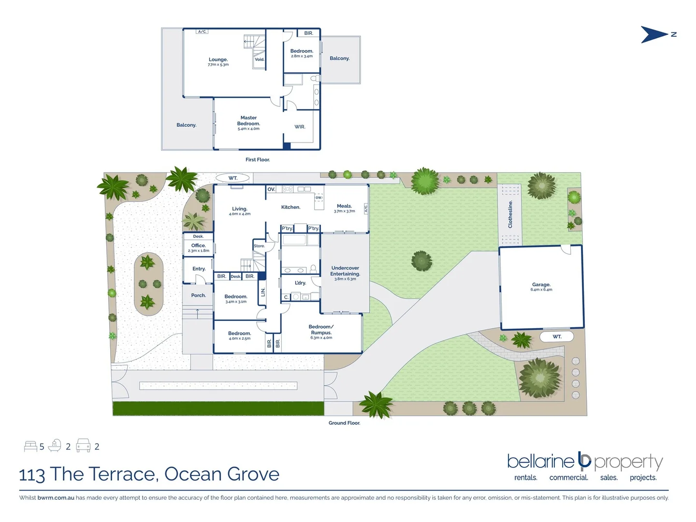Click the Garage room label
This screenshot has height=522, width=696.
point(541,285)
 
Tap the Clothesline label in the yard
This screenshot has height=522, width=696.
point(510,214)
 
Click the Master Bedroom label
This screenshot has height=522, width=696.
point(248,120)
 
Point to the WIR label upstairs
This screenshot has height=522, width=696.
point(300,127)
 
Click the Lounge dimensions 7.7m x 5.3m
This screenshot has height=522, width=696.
point(218,65)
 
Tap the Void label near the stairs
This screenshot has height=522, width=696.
point(260,59)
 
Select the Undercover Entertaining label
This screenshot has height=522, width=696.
point(345,271)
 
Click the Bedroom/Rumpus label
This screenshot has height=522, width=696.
point(321,330)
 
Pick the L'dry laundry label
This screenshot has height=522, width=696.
point(300,283)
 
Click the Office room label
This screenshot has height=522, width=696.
point(198,246)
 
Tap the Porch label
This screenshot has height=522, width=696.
point(198,295)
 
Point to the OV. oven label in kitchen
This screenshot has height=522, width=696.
point(271,189)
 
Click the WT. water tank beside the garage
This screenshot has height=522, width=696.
point(557,336)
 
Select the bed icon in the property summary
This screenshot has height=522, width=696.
point(30,446)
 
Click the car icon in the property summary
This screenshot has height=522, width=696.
point(83,446)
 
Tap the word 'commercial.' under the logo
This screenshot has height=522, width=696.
point(568,478)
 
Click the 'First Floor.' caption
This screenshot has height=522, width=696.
point(258,159)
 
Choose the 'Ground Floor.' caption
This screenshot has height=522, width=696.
point(344,423)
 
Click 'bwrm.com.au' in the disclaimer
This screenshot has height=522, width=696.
point(56,498)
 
